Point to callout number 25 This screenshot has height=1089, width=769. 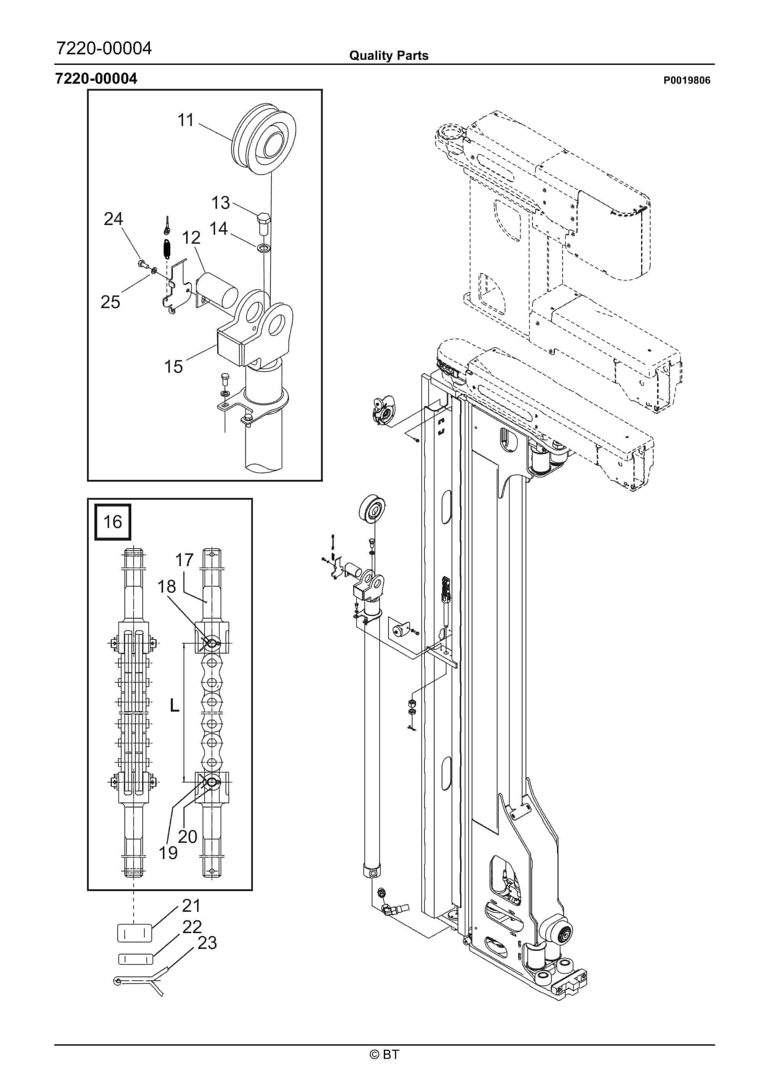coord(111,302)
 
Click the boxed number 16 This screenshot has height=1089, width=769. coord(113,522)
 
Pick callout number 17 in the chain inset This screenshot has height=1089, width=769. coord(184,560)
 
